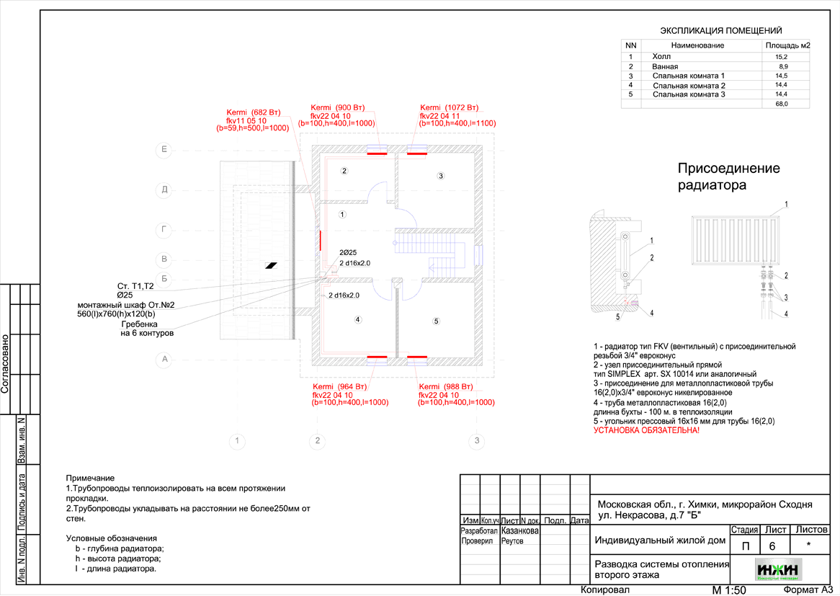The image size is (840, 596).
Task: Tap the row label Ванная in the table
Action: click(664, 66)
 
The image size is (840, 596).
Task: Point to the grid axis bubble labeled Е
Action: click(164, 150)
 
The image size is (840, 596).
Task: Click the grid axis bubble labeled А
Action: click(164, 359)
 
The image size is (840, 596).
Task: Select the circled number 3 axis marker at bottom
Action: click(475, 440)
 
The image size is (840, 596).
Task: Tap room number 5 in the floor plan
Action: click(435, 321)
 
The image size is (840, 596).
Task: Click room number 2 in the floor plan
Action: click(344, 171)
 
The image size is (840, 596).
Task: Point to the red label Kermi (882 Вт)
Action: click(254, 112)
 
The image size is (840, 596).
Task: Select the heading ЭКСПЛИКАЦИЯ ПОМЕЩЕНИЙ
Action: click(721, 31)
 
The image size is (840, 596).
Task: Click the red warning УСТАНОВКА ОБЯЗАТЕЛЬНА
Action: click(646, 430)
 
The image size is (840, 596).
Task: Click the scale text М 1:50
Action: click(728, 590)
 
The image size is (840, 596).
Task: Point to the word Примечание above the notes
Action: click(90, 479)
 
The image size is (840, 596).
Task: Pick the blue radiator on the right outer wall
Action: click(478, 256)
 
